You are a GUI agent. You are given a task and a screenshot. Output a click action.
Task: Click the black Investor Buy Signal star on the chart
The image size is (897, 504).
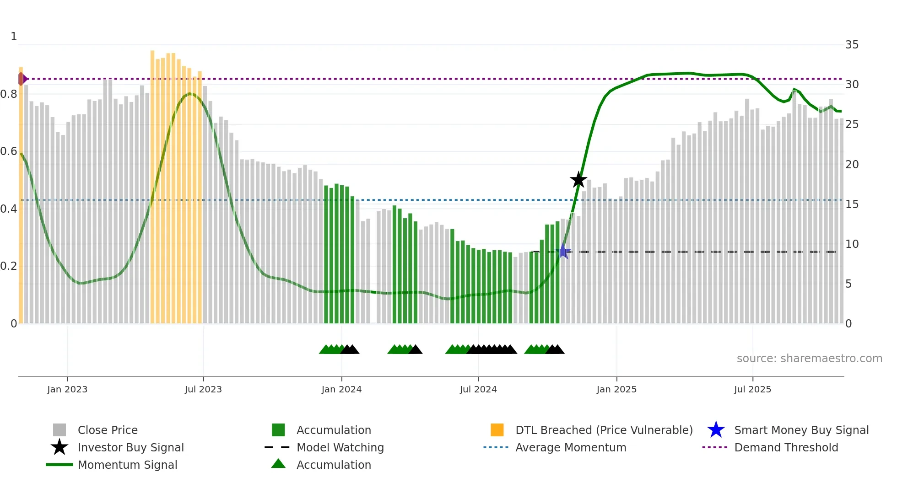click(578, 180)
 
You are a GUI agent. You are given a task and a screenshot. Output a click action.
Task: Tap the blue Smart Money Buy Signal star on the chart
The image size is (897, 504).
click(563, 251)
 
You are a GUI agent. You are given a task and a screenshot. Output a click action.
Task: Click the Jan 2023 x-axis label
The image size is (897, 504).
click(67, 389)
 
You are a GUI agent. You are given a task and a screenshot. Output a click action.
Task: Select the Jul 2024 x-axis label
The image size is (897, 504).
click(478, 389)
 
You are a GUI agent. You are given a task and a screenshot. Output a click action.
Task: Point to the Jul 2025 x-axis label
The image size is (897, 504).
click(752, 389)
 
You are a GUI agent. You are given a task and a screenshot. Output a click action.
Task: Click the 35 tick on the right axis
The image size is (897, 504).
click(852, 45)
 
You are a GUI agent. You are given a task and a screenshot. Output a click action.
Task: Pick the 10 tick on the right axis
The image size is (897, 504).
click(852, 244)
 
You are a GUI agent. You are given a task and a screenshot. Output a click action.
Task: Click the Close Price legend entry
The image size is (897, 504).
click(108, 430)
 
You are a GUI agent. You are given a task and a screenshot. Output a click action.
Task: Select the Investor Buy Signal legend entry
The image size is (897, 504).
click(130, 447)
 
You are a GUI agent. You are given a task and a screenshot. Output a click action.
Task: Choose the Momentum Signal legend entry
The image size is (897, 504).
click(127, 465)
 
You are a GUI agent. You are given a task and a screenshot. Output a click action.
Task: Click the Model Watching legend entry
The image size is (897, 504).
click(340, 447)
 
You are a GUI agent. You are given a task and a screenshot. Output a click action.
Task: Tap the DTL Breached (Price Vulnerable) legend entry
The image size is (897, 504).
click(604, 430)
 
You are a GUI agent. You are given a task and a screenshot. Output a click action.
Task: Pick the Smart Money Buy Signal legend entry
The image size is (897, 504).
click(801, 430)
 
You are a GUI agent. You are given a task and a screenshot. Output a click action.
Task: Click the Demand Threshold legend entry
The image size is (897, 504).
click(786, 447)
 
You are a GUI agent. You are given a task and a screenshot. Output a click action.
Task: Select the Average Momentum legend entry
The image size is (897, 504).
click(571, 447)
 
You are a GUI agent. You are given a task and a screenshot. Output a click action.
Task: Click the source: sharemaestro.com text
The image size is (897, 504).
click(809, 359)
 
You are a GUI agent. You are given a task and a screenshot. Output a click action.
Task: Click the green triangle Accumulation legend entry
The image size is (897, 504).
click(334, 465)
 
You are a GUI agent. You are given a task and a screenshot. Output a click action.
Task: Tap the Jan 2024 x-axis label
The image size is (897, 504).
click(341, 389)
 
